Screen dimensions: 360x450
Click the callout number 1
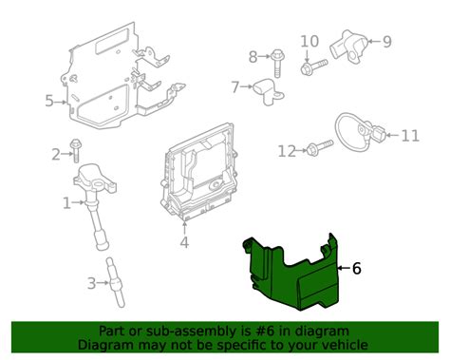(x=66, y=202)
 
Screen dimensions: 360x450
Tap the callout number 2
(x=56, y=154)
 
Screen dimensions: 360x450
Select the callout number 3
(x=91, y=282)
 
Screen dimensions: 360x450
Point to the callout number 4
(x=184, y=242)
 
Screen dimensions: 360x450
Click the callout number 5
(x=48, y=100)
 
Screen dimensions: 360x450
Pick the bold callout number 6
(x=357, y=269)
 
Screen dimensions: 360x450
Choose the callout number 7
(x=235, y=87)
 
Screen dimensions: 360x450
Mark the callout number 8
(x=253, y=56)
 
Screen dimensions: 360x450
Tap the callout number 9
(x=387, y=41)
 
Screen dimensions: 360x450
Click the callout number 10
(x=309, y=41)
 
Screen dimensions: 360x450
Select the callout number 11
(x=409, y=136)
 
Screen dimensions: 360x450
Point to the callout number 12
(x=287, y=150)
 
